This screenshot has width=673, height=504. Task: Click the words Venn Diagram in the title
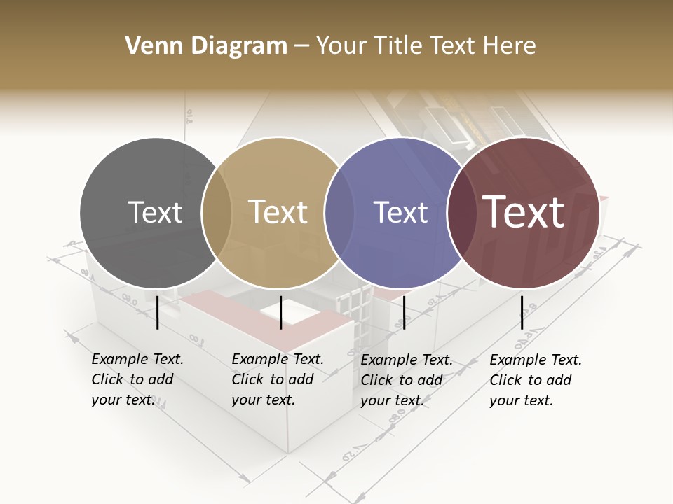click(206, 46)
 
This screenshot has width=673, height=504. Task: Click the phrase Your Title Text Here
click(426, 46)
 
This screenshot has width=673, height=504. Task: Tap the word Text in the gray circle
click(155, 212)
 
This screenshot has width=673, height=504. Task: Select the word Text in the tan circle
click(278, 212)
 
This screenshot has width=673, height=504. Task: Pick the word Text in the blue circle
click(400, 212)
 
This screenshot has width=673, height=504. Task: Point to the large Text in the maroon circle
click(523, 212)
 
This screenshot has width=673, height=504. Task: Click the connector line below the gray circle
click(158, 312)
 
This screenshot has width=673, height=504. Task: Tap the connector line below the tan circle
click(280, 312)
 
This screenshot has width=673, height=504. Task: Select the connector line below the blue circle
click(404, 312)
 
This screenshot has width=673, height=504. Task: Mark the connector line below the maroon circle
click(522, 312)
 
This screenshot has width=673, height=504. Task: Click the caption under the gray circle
click(137, 379)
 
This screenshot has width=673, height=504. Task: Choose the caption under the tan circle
click(278, 379)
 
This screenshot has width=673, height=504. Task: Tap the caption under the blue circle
click(407, 380)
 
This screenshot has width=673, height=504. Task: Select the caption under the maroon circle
click(536, 380)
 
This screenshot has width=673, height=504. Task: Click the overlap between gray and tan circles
click(217, 213)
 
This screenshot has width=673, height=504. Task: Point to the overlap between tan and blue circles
click(339, 213)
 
